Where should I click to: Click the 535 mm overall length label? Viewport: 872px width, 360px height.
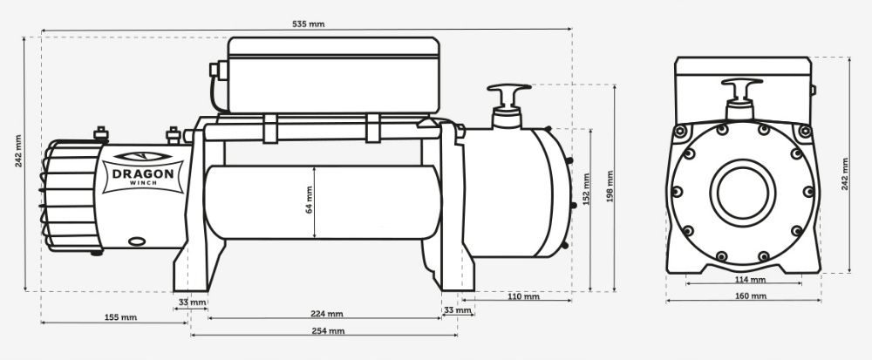309,24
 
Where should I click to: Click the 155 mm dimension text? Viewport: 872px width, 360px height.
120,316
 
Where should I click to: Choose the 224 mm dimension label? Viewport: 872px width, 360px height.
324,314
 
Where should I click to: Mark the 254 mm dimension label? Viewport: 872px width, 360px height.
324,331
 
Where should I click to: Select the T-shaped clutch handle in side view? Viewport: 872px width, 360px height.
508,93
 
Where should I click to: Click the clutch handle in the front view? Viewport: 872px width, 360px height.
740,91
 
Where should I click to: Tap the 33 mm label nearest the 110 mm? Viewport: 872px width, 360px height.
455,309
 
